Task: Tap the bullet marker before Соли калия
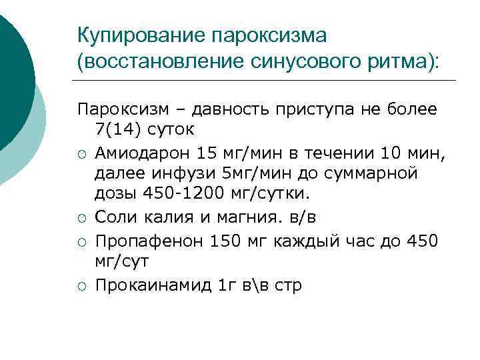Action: (x=81, y=218)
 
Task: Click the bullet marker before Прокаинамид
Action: (x=81, y=287)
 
